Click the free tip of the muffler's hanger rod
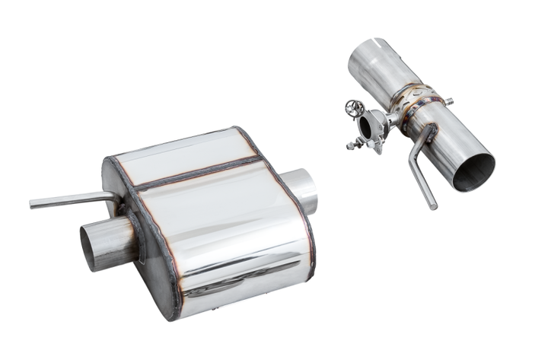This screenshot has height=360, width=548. coord(33,204)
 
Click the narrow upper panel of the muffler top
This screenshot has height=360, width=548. coord(183,151)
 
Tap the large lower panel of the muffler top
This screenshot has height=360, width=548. coord(221,221)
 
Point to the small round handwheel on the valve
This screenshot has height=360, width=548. coord(354,108)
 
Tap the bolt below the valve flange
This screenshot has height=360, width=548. coord(355,144)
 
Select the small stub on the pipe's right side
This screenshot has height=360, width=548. coord(449,100)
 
